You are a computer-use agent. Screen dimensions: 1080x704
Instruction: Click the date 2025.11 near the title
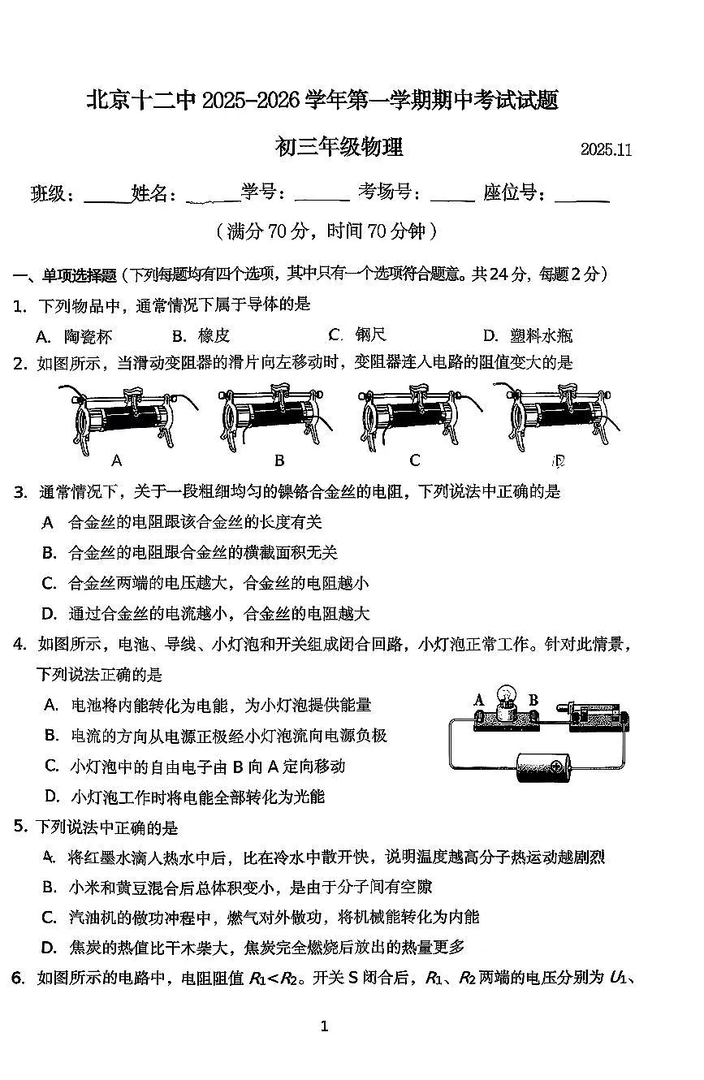coord(606,149)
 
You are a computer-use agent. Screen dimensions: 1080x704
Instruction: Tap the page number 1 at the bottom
coord(324,1026)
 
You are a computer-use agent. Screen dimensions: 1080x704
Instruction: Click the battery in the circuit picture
coord(546,766)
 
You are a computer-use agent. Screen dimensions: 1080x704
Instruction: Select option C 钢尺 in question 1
coord(357,335)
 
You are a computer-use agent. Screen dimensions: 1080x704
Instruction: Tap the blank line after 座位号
coord(581,197)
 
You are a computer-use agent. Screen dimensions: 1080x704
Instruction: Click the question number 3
coord(19,491)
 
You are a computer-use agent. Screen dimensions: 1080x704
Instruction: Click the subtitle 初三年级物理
coord(339,147)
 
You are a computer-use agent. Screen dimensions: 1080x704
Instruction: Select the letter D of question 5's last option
coord(49,947)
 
